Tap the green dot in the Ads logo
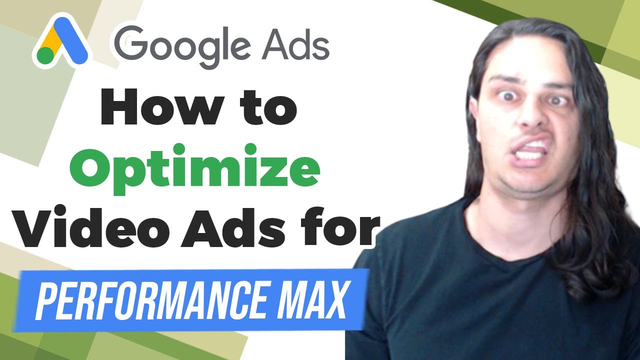45,55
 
